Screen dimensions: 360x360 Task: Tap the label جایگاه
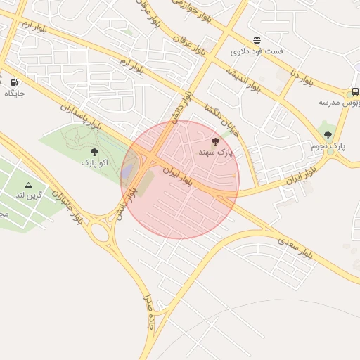point(15,93)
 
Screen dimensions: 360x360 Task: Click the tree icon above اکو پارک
point(94,152)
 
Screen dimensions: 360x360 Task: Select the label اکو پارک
point(94,162)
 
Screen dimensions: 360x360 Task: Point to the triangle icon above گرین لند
point(29,185)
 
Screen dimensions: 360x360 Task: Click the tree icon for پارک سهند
point(214,141)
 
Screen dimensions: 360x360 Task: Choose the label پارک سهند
point(214,152)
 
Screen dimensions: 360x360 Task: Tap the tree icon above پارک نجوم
point(328,135)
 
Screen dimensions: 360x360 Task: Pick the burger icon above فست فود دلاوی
point(257,40)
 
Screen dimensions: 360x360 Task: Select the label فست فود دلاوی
point(257,51)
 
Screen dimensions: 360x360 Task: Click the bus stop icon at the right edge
point(355,92)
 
